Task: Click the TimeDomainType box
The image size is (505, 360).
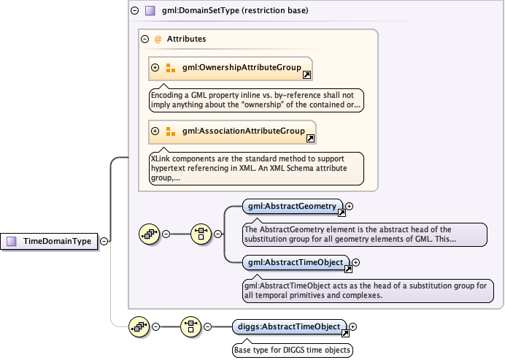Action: coord(52,241)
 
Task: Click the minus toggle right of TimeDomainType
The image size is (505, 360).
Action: coord(104,241)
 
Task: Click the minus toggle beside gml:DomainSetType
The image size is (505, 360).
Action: coord(134,11)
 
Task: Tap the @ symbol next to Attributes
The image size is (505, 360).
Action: coord(158,39)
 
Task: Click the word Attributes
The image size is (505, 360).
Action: coord(186,39)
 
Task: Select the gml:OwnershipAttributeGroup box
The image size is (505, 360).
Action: coord(231,68)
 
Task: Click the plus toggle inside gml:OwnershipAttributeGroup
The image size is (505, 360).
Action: coord(155,68)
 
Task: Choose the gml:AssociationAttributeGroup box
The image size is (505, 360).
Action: coord(232,131)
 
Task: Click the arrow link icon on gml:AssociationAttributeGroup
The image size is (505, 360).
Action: coord(310,138)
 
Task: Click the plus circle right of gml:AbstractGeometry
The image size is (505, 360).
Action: coord(350,207)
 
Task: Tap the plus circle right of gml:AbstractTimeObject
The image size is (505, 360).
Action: coord(356,262)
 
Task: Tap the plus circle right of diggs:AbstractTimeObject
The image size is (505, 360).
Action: coord(352,327)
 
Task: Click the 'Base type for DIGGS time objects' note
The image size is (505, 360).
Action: coord(292,350)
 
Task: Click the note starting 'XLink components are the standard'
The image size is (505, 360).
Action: coord(256,167)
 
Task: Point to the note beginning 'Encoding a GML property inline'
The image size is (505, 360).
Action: coord(256,99)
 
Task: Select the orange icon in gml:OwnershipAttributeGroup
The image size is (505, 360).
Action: coord(171,69)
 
